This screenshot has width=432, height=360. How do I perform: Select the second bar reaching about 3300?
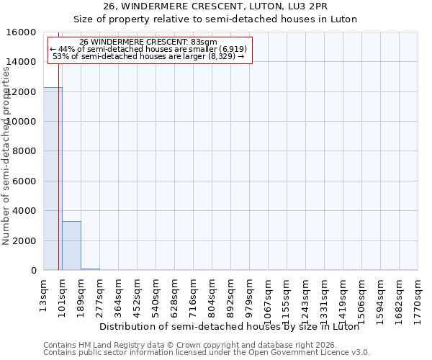click(x=71, y=246)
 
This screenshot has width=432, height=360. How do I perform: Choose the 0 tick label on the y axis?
click(x=34, y=271)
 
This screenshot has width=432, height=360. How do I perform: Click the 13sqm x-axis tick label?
click(x=44, y=295)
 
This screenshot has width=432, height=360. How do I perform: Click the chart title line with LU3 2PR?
click(x=215, y=6)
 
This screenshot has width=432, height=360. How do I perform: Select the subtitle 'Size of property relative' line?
click(x=215, y=19)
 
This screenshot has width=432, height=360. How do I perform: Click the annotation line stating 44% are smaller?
click(x=148, y=49)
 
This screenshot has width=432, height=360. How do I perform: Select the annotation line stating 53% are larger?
click(x=148, y=56)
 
